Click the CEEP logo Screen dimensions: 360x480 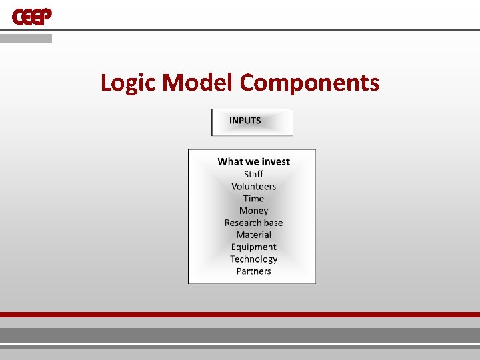32,16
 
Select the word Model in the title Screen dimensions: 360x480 198,83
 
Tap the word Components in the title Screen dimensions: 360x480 309,83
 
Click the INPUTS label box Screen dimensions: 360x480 252,122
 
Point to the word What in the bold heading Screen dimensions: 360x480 230,161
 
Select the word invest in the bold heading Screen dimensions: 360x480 276,161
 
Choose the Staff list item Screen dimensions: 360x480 253,174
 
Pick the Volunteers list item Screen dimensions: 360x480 253,187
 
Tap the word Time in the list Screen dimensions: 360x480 253,199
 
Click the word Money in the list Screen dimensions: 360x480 253,211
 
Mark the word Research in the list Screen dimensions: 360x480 243,223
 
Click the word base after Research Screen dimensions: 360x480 273,223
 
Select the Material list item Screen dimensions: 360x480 253,235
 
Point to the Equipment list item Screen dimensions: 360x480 253,247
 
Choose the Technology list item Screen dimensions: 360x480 253,259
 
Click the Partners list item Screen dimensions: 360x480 253,271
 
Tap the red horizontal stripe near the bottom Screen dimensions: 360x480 240,315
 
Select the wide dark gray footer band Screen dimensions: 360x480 240,335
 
